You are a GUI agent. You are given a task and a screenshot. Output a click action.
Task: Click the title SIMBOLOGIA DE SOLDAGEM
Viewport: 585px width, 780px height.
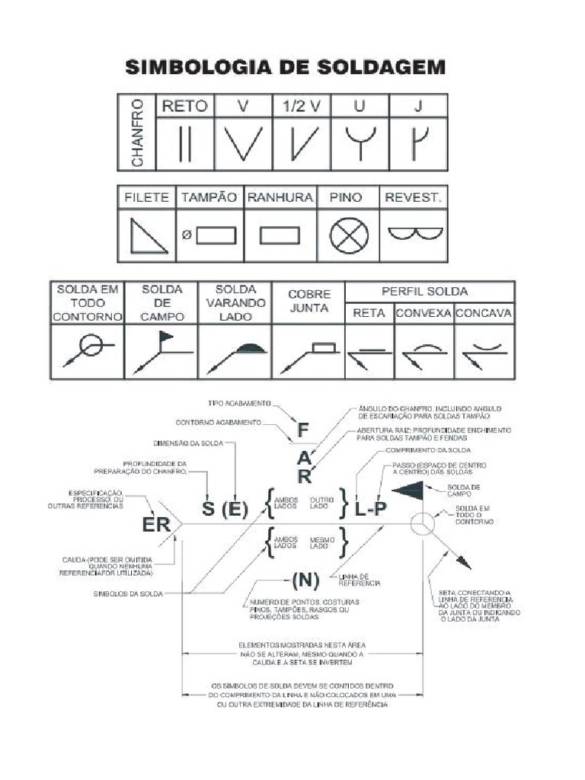pos(285,68)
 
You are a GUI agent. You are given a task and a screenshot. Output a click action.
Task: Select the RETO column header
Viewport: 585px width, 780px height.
pos(185,106)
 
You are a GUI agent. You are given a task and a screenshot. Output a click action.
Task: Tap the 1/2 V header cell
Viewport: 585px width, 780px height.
pos(302,106)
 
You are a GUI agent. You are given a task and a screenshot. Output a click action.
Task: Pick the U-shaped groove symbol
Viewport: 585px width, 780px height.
pos(360,142)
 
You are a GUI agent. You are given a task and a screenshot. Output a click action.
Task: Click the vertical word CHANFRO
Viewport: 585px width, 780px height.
pos(136,132)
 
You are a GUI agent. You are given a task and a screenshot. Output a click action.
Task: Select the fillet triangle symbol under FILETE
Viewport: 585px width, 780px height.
pos(148,235)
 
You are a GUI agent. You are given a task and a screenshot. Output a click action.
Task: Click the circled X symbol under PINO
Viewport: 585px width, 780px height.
pos(349,235)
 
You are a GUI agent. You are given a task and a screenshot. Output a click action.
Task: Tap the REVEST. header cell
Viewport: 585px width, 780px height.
pos(412,197)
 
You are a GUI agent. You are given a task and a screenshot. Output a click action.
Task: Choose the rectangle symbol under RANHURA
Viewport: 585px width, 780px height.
pos(280,235)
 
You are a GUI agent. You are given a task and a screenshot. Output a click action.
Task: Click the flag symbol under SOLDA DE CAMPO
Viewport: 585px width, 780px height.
pos(165,335)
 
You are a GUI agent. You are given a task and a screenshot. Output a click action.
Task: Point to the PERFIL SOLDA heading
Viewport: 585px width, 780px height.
pos(430,292)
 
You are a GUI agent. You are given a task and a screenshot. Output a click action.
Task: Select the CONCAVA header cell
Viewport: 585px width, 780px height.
pos(484,313)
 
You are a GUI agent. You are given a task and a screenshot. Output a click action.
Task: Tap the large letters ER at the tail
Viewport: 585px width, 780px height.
pos(156,525)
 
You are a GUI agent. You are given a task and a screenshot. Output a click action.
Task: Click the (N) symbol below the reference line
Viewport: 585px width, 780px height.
pos(305,580)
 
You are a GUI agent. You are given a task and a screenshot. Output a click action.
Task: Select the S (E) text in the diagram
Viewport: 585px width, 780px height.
pos(225,509)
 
